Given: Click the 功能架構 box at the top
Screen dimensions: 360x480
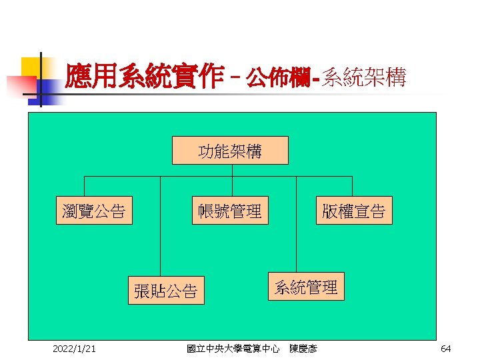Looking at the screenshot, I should tap(230, 151).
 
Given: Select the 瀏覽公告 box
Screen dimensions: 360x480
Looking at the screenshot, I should tap(93, 211).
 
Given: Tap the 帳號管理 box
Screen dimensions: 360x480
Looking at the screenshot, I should tap(230, 211).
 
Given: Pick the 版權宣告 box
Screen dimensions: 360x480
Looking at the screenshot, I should tap(354, 211).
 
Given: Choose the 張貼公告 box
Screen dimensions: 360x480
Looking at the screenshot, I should tap(166, 291).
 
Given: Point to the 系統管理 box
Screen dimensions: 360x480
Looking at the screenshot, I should tap(307, 287).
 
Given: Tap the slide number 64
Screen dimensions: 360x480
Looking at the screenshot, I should tap(446, 348).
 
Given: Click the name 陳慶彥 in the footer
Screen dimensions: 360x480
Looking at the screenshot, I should tap(304, 348).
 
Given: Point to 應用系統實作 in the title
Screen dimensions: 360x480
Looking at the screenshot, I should tap(143, 79).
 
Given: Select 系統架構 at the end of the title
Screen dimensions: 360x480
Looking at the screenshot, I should tap(363, 79).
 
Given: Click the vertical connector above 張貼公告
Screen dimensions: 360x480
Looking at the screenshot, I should tap(161, 227).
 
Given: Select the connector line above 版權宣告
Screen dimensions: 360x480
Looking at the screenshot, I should tap(353, 187).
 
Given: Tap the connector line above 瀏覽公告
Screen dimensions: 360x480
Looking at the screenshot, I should tap(84, 187).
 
